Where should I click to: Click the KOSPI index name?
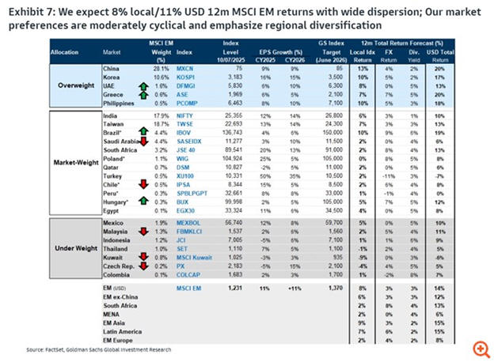pyautogui.click(x=188, y=76)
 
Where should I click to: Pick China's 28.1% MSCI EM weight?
pyautogui.click(x=161, y=68)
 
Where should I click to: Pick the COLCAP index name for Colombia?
pyautogui.click(x=188, y=276)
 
